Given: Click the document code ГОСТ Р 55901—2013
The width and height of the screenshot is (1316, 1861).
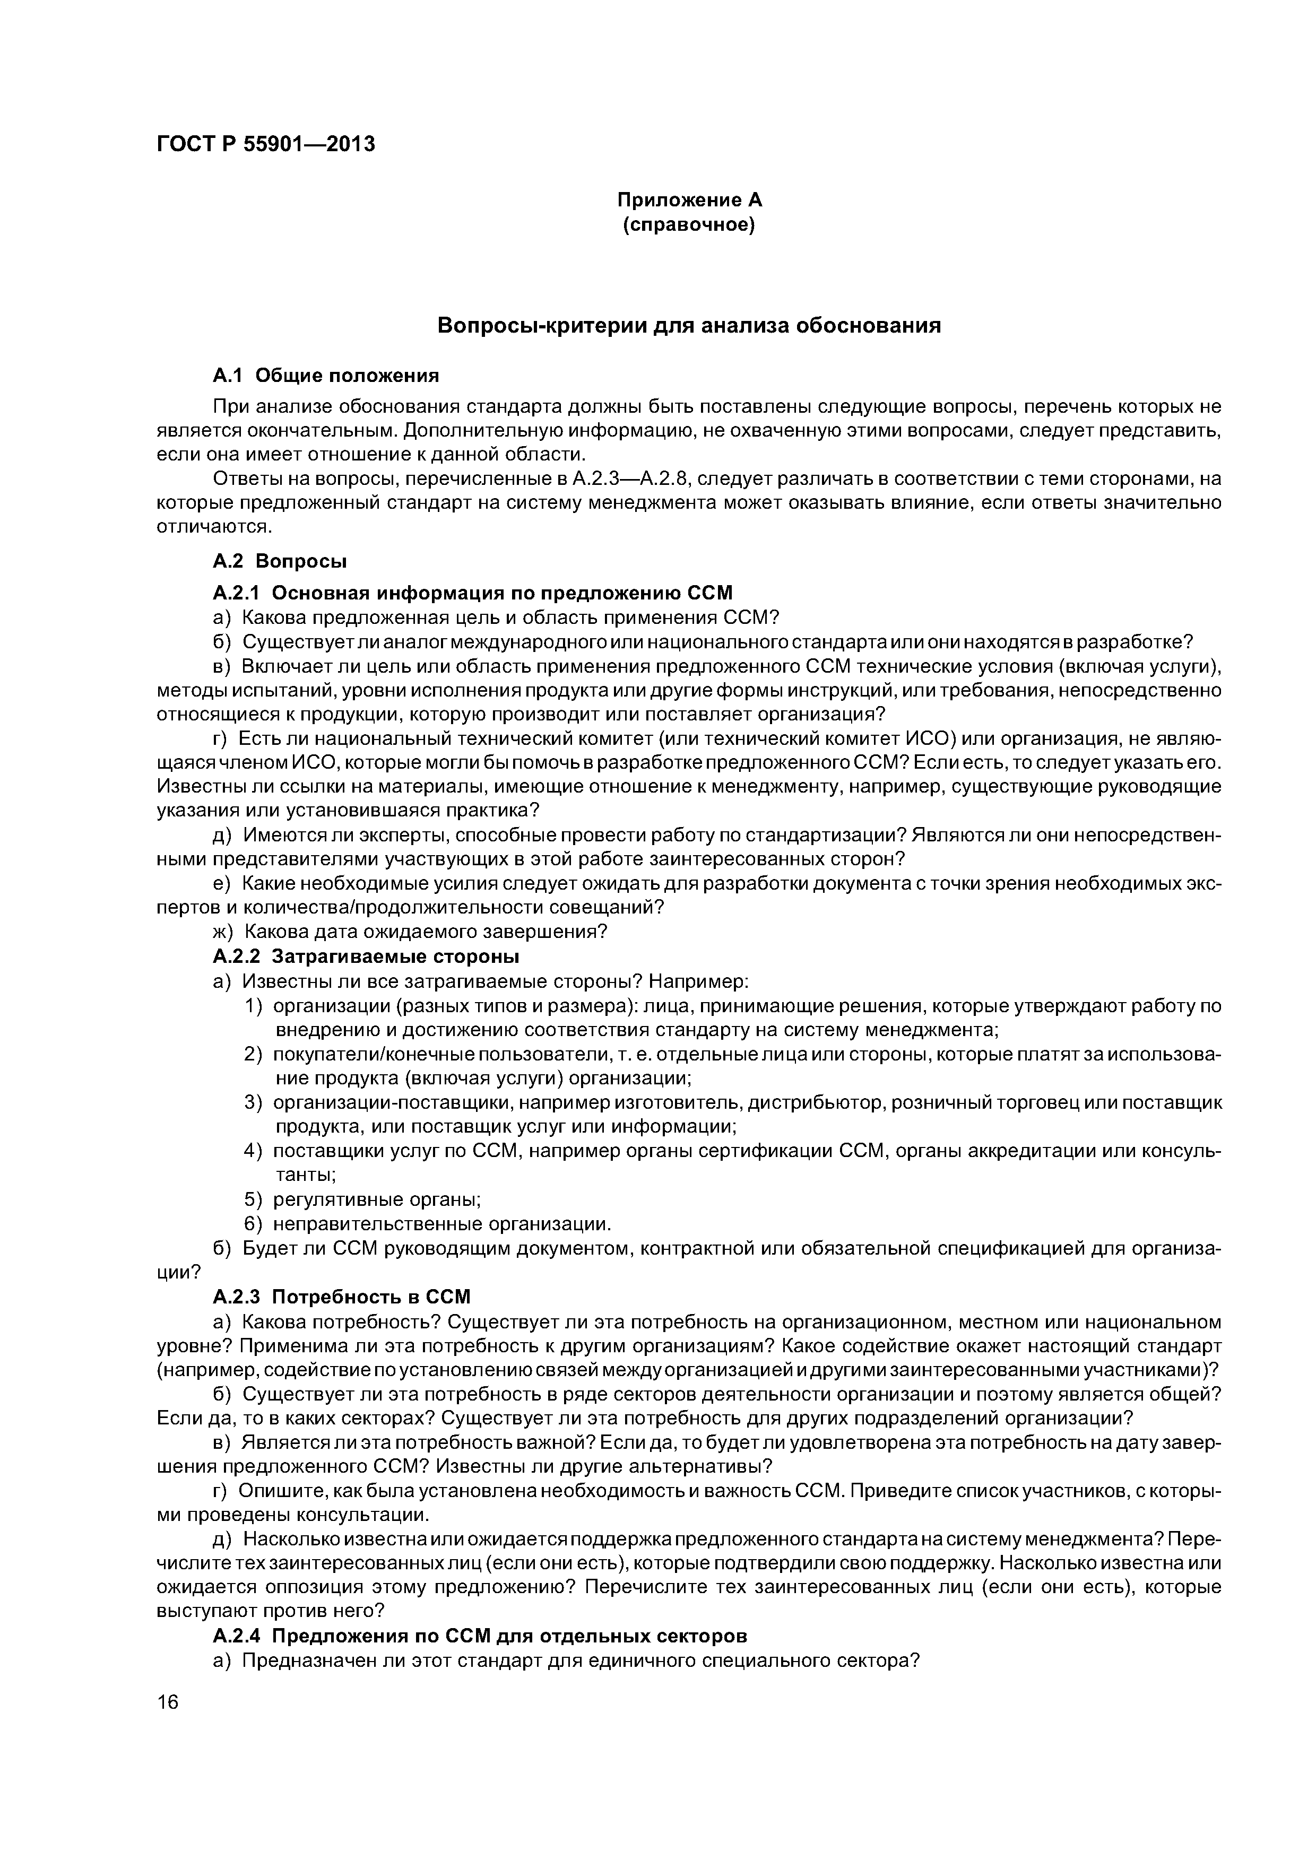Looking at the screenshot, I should tap(265, 144).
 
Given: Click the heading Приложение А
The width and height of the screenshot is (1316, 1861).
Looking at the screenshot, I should tap(689, 199).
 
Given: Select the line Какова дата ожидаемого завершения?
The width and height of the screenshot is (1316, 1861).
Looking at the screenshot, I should tap(425, 932).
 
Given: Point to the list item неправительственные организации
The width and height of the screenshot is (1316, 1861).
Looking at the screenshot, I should tap(442, 1223).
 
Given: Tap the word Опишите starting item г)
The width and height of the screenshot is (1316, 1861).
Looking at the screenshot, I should tap(279, 1491).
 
